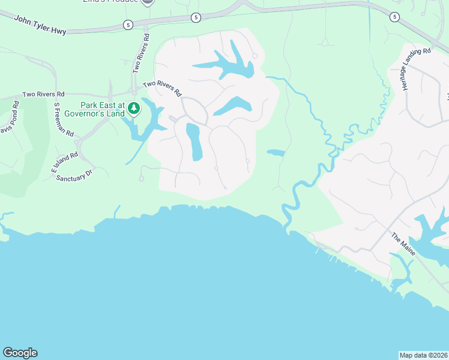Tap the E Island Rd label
pos(64,163)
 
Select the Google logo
pos(20,353)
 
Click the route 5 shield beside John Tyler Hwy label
pos(128,25)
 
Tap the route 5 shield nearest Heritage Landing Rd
pos(394,17)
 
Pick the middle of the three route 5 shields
pos(196,17)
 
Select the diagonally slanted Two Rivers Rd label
pos(162,89)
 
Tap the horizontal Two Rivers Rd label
pos(43,94)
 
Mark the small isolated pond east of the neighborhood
pos(276,152)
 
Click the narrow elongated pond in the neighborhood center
pos(194,142)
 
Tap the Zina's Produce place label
pos(108,2)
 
